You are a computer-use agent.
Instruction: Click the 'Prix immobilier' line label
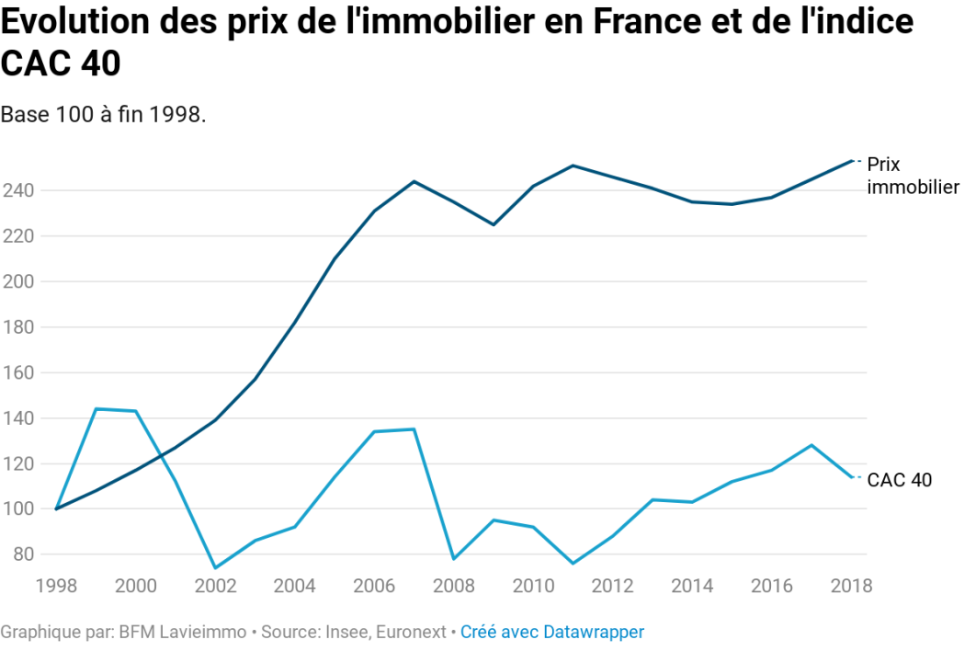[913, 176]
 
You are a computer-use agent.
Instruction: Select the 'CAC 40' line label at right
[900, 480]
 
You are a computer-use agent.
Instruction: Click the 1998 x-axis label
[57, 586]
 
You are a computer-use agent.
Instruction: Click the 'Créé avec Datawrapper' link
[552, 633]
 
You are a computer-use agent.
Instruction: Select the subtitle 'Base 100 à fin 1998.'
[103, 115]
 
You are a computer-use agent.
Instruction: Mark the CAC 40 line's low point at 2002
[214, 567]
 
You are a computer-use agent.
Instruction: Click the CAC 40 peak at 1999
[96, 409]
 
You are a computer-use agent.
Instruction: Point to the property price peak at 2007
[414, 181]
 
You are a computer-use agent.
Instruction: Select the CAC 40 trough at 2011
[573, 564]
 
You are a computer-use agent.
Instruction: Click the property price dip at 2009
[494, 224]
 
